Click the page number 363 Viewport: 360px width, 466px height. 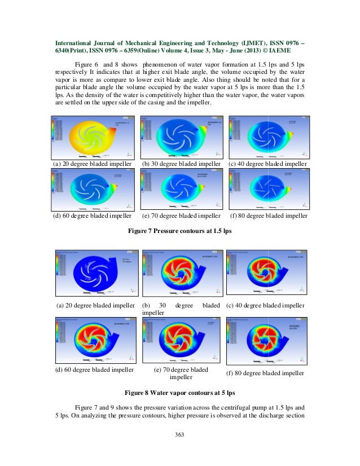181,434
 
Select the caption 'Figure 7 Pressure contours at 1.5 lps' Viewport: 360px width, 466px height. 181,231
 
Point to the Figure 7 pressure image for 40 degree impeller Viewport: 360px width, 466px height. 266,136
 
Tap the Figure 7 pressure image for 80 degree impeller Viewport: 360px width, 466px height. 266,190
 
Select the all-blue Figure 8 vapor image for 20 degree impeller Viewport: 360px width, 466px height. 95,273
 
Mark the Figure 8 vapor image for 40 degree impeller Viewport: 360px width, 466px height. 265,273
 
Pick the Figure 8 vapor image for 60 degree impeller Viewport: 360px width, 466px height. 95,339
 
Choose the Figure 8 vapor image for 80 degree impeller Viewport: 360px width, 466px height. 265,339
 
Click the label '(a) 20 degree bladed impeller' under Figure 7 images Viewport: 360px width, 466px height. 93,164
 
